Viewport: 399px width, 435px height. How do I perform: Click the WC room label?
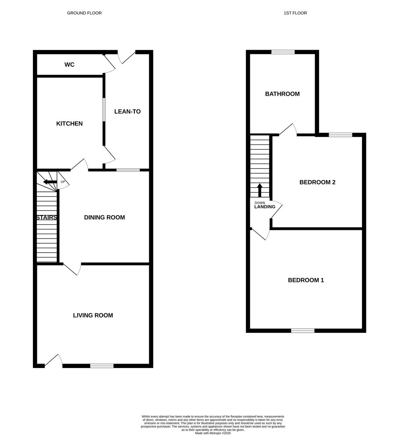(x=70, y=65)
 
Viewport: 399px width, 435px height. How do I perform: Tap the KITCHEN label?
(x=70, y=124)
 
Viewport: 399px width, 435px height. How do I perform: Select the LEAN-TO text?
(x=127, y=112)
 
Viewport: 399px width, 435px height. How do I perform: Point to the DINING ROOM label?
(x=104, y=217)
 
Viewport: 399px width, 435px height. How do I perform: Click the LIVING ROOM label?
(x=93, y=315)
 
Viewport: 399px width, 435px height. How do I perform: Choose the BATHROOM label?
(x=282, y=94)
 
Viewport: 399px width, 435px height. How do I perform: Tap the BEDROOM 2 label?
(x=318, y=182)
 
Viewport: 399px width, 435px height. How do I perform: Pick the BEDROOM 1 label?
(x=306, y=280)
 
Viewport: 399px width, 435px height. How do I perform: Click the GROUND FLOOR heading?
(x=84, y=13)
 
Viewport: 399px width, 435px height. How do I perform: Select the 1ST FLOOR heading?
(x=295, y=13)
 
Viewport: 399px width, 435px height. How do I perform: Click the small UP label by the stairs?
(x=63, y=182)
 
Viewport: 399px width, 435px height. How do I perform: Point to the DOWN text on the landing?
(x=260, y=203)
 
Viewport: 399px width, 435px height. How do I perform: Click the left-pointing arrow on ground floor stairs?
(x=50, y=182)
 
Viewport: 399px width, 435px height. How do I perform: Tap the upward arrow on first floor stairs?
(x=260, y=190)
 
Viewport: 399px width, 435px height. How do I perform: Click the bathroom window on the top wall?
(x=283, y=52)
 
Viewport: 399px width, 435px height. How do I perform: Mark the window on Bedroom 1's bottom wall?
(x=303, y=330)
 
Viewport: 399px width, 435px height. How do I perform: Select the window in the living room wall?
(x=102, y=366)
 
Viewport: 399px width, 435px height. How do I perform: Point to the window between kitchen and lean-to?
(x=104, y=110)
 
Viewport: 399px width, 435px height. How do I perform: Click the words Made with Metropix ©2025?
(x=213, y=433)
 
